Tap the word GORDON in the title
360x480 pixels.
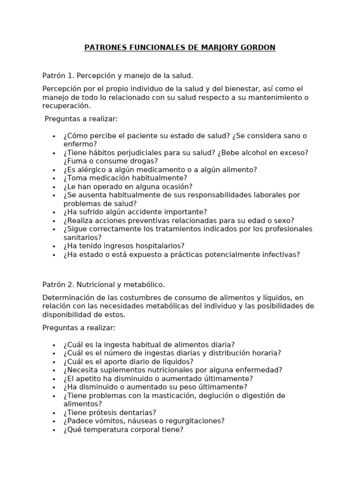coord(259,47)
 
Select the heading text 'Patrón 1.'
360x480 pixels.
coord(58,75)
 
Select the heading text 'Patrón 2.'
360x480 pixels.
coord(58,285)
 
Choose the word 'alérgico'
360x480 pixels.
coord(92,169)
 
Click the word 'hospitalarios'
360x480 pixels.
coord(161,246)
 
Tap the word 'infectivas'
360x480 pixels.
coord(281,255)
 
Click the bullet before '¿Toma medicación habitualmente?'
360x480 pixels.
coord(54,178)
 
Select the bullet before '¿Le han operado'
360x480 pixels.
coord(54,187)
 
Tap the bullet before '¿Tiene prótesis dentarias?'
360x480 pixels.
coord(54,412)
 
